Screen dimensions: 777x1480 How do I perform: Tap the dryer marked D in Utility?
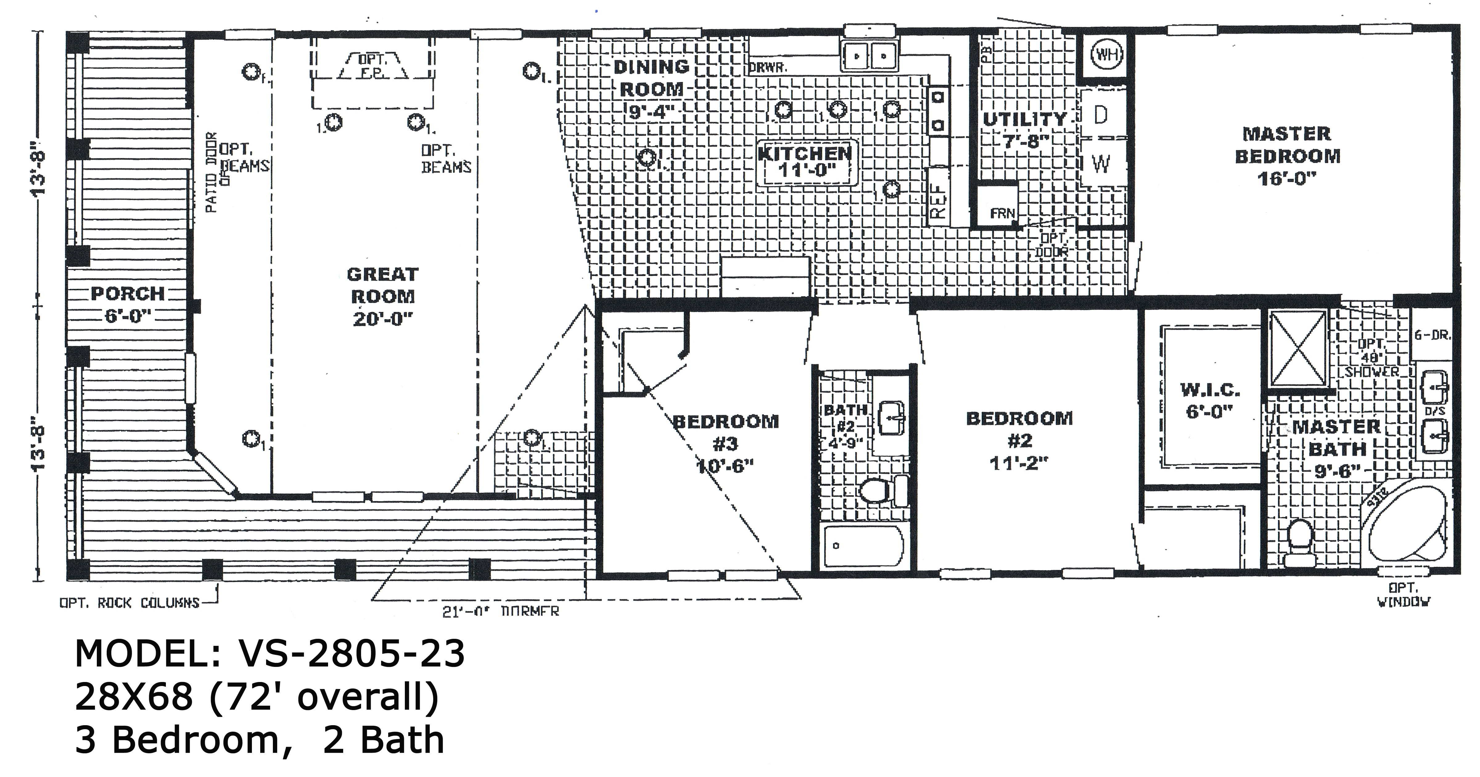click(x=1100, y=115)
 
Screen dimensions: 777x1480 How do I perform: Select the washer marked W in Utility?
click(x=1100, y=164)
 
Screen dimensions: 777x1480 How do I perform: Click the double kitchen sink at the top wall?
click(x=870, y=56)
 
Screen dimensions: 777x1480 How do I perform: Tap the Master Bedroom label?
click(x=1287, y=145)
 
